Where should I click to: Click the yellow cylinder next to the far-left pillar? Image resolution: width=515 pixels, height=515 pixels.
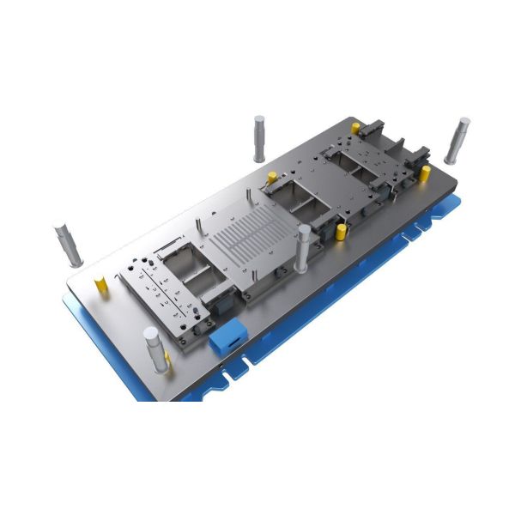pyautogui.click(x=101, y=282)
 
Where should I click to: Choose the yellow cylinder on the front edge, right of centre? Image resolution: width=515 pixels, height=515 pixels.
pyautogui.click(x=341, y=232)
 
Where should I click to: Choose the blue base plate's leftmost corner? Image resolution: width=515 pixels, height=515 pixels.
pyautogui.click(x=63, y=296)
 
